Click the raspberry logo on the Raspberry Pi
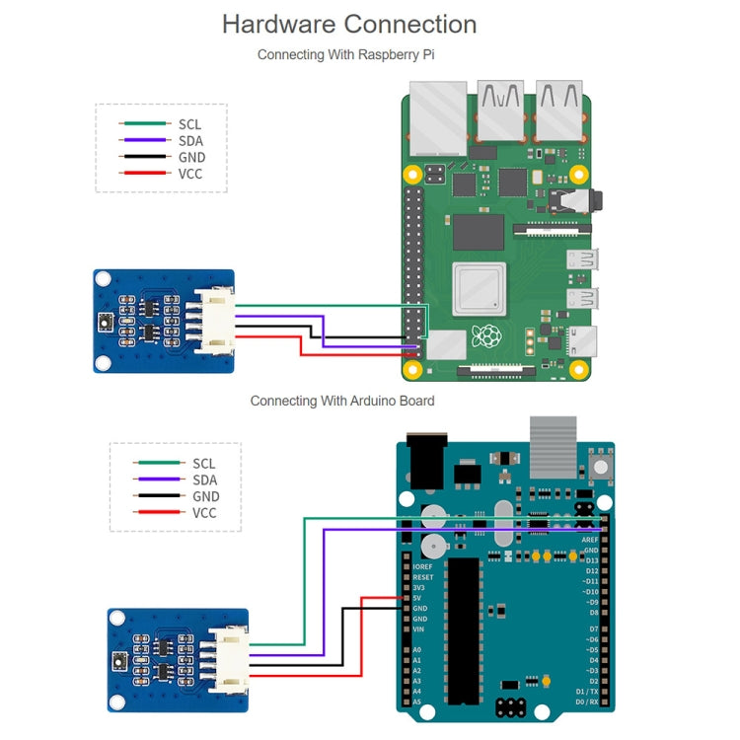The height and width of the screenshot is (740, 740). (485, 336)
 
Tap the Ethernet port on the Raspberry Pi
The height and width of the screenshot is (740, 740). (437, 119)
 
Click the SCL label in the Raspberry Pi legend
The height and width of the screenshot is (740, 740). (189, 124)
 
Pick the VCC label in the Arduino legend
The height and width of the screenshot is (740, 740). (204, 512)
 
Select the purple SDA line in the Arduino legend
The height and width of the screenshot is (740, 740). (159, 480)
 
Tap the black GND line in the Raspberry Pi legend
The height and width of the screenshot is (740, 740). (145, 157)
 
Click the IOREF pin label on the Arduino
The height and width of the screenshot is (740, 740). (423, 567)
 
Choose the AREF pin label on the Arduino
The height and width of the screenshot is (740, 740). (591, 540)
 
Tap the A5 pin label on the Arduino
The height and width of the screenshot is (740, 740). (416, 702)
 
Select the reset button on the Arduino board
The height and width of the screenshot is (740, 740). (597, 465)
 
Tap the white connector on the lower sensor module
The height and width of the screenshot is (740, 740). (228, 654)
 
